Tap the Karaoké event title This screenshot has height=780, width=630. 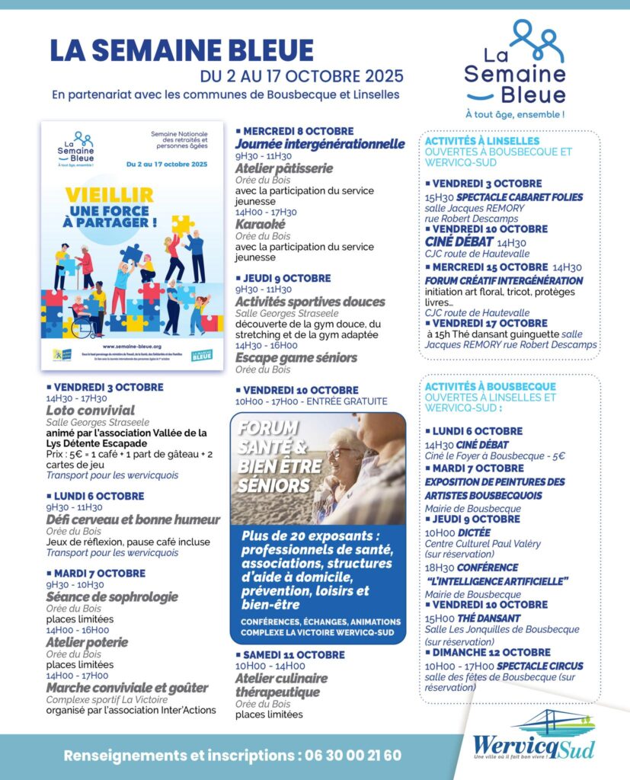tap(260, 225)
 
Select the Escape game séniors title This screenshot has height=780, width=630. tap(296, 357)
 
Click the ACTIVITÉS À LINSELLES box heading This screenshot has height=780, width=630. tap(481, 141)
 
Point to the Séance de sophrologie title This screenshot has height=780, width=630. tap(112, 596)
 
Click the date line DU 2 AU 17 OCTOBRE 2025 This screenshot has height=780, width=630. tap(302, 77)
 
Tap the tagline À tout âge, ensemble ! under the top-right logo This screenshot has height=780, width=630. tap(515, 114)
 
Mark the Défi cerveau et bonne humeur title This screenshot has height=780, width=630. tap(133, 519)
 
